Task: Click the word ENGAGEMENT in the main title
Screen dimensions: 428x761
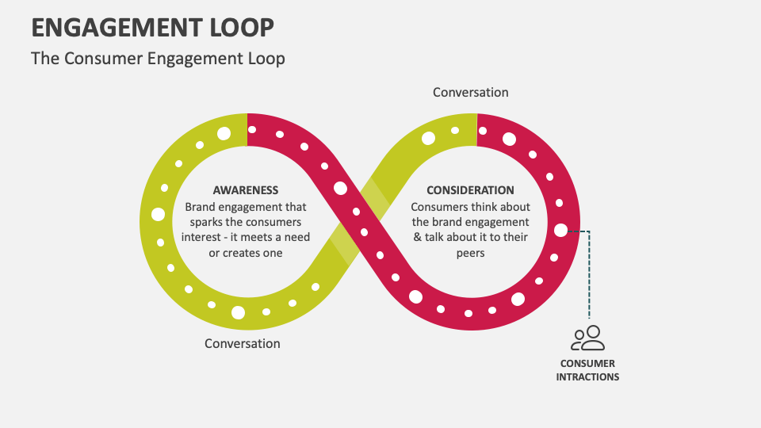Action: click(120, 28)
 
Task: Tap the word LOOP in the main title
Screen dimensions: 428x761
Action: click(244, 28)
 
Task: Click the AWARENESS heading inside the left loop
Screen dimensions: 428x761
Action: click(246, 190)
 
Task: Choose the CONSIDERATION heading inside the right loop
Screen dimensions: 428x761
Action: click(470, 190)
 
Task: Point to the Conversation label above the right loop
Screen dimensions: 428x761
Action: click(470, 93)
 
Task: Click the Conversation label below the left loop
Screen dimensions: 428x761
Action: click(242, 344)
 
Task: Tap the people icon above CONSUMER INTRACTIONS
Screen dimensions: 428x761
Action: click(587, 338)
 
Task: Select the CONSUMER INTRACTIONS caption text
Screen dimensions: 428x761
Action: click(587, 371)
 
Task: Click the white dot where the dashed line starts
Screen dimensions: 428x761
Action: click(561, 231)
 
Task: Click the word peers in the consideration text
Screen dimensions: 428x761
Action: click(470, 253)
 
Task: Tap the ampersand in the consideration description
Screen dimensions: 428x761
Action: click(418, 237)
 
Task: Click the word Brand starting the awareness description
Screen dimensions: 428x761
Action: click(201, 206)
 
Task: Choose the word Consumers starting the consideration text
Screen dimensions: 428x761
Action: click(437, 206)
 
